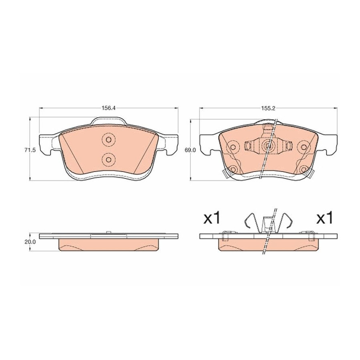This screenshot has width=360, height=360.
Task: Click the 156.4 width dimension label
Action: point(108,108)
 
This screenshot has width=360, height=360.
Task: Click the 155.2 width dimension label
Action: point(268,108)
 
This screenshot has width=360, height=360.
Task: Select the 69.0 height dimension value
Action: point(190,150)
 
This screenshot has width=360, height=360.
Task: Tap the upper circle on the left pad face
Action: point(109,140)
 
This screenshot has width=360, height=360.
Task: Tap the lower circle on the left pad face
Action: point(109,159)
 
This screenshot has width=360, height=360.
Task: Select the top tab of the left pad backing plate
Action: point(108,121)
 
